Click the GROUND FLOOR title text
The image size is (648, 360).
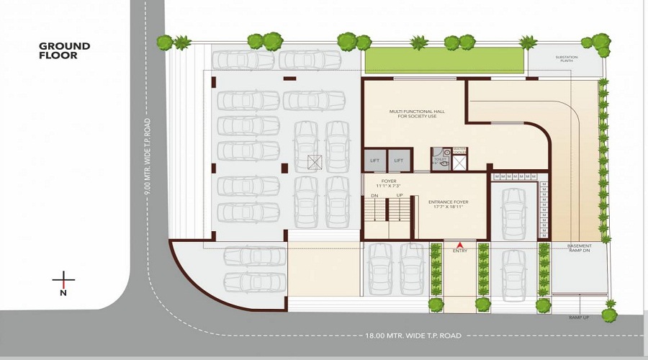[x=65, y=50]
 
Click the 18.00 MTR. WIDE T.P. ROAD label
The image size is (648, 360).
[x=412, y=336]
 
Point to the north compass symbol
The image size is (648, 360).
[x=63, y=282]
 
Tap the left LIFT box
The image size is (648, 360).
[x=374, y=160]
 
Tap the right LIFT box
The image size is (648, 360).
[x=399, y=160]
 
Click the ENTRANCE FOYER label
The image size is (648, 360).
[x=449, y=204]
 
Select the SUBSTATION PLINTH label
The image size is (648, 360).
[x=567, y=59]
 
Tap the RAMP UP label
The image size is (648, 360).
[x=578, y=318]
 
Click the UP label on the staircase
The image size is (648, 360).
[x=400, y=195]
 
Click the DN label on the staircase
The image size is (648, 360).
[x=374, y=195]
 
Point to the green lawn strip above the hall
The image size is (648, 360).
[x=444, y=60]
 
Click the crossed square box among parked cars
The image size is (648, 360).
[x=314, y=162]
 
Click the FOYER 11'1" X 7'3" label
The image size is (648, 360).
[x=390, y=184]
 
